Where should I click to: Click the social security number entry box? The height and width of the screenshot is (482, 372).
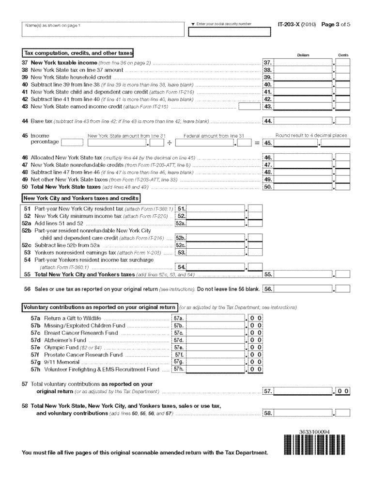point(229,33)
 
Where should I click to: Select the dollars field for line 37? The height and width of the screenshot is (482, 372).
point(303,63)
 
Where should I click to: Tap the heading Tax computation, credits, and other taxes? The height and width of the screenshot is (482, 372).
point(78,52)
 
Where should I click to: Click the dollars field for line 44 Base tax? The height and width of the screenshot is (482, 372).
point(303,121)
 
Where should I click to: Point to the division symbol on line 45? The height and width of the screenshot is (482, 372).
point(170,143)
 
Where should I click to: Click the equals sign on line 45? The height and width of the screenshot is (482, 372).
point(257,143)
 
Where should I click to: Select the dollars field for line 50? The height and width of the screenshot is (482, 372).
point(303,187)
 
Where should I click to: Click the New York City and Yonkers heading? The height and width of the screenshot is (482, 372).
point(81,198)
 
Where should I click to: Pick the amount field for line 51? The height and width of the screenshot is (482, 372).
point(216,209)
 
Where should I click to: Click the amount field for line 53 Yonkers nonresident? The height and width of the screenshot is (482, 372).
point(216,252)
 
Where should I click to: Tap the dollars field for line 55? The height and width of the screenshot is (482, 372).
point(303,274)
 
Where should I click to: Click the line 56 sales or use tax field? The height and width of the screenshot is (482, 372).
point(303,289)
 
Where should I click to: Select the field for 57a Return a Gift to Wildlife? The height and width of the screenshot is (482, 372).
point(216,318)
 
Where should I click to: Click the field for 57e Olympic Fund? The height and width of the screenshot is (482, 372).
point(216,347)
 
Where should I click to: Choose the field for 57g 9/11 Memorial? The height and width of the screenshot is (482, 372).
point(216,362)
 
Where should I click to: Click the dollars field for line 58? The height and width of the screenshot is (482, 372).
point(303,413)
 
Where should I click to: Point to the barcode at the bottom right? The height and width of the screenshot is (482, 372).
point(314,445)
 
